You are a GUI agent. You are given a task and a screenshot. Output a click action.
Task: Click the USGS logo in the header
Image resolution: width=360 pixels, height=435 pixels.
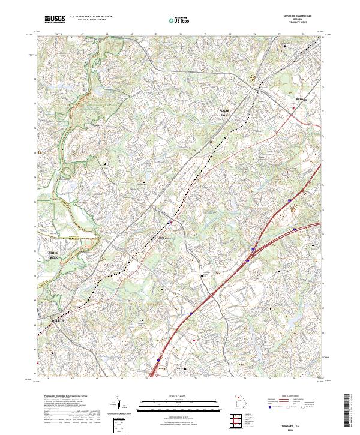coord(55,19)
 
